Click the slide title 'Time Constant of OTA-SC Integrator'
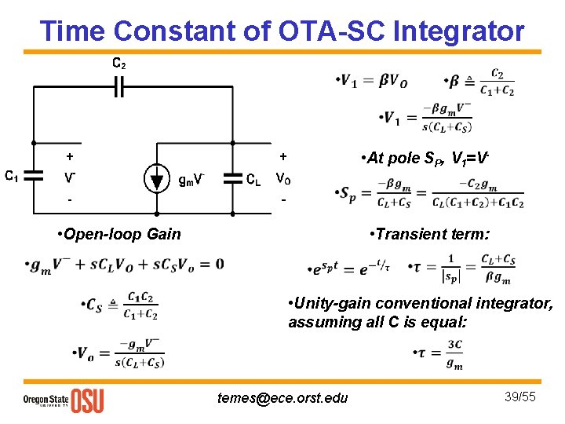coord(282,31)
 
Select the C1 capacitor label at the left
coord(12,177)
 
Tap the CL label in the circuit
coord(253,178)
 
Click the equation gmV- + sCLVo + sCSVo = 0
coord(124,265)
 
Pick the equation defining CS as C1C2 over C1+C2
coord(119,305)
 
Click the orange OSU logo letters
coord(87,400)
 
